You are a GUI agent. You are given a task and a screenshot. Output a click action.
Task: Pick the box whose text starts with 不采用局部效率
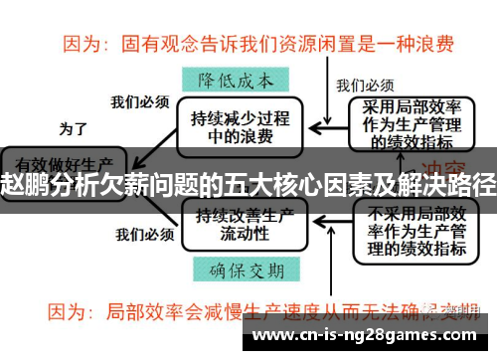(416, 230)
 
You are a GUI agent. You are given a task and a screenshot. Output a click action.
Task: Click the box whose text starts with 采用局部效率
(416, 120)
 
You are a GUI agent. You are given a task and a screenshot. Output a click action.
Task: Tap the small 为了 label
(74, 127)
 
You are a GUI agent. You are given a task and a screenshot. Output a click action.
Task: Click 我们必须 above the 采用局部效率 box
(365, 85)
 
